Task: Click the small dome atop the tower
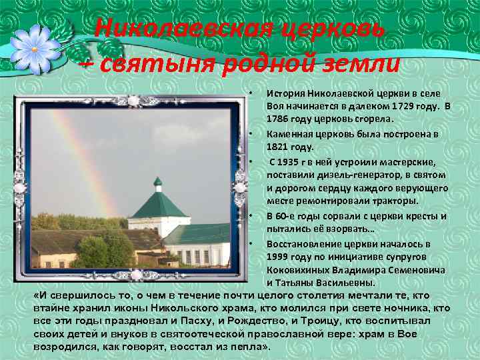158,182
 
